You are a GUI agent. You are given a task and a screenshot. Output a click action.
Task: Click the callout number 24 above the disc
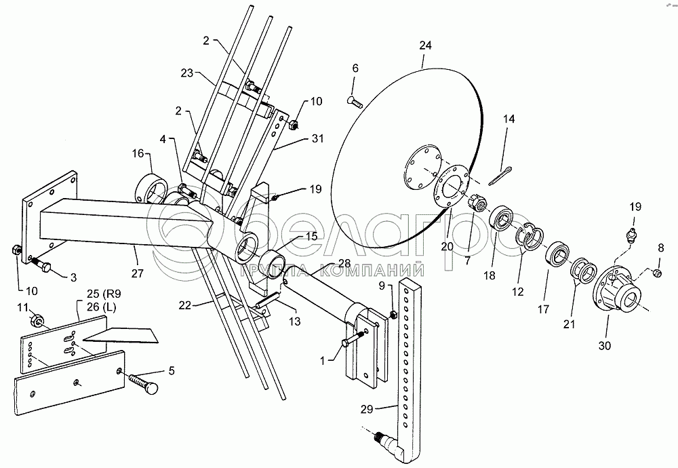pos(426,45)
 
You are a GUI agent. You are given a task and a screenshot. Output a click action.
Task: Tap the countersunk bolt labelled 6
pos(355,102)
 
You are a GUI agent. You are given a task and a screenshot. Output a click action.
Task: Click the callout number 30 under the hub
pos(605,346)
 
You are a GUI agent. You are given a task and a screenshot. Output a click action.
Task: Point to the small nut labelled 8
pos(657,273)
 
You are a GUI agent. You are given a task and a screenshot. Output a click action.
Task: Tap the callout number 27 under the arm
pos(137,273)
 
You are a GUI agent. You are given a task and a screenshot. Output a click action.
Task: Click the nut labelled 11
pos(37,321)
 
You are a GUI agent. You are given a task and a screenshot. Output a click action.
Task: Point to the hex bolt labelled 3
pos(40,264)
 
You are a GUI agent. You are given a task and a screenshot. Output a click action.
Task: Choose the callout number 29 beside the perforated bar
pos(367,409)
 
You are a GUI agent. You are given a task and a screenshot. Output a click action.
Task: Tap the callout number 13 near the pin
pos(295,321)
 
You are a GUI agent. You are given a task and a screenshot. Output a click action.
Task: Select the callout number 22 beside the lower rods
pos(184,305)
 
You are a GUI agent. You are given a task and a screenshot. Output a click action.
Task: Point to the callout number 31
pos(317,138)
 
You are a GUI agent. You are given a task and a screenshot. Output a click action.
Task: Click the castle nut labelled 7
pos(478,202)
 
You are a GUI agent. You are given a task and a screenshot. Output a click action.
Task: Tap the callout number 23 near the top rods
pos(187,73)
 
